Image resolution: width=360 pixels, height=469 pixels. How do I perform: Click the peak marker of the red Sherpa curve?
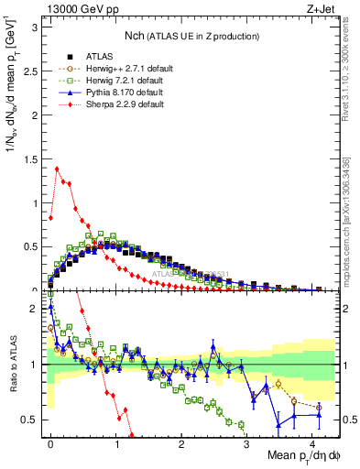[x=57, y=168]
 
